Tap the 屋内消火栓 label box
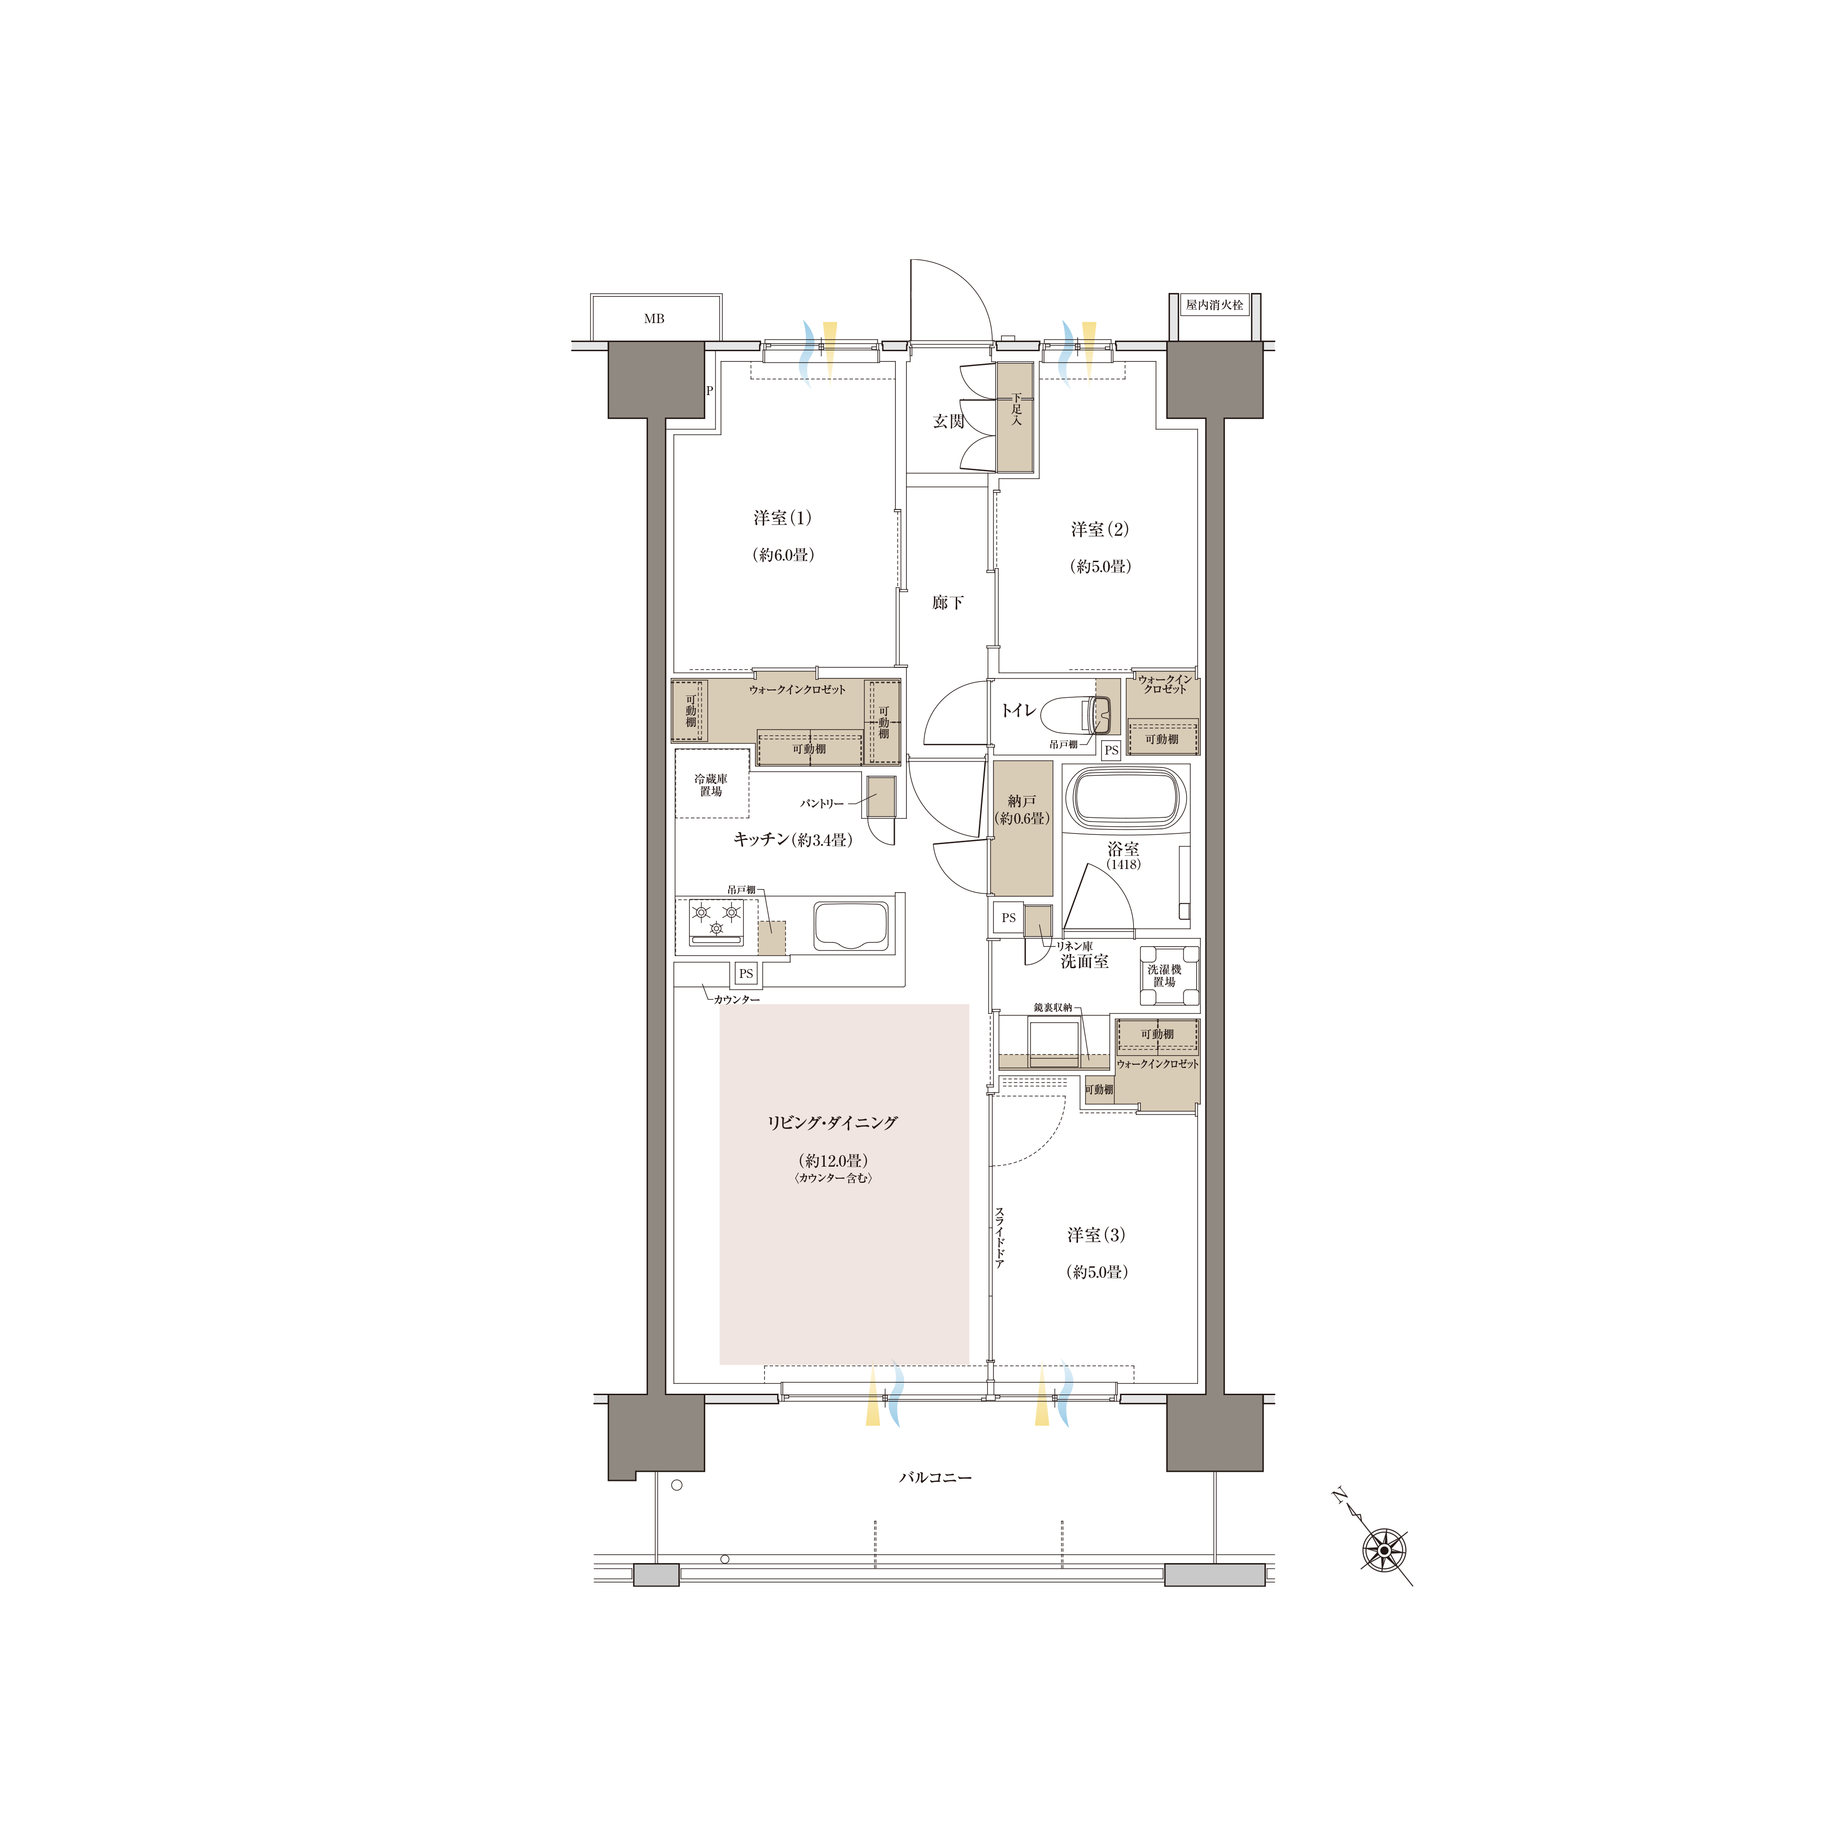[x=1214, y=305]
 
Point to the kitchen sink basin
[x=851, y=926]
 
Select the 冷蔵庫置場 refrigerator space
[x=711, y=784]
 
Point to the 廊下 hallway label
[x=948, y=602]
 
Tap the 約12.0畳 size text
[x=833, y=1161]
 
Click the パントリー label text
[x=822, y=803]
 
